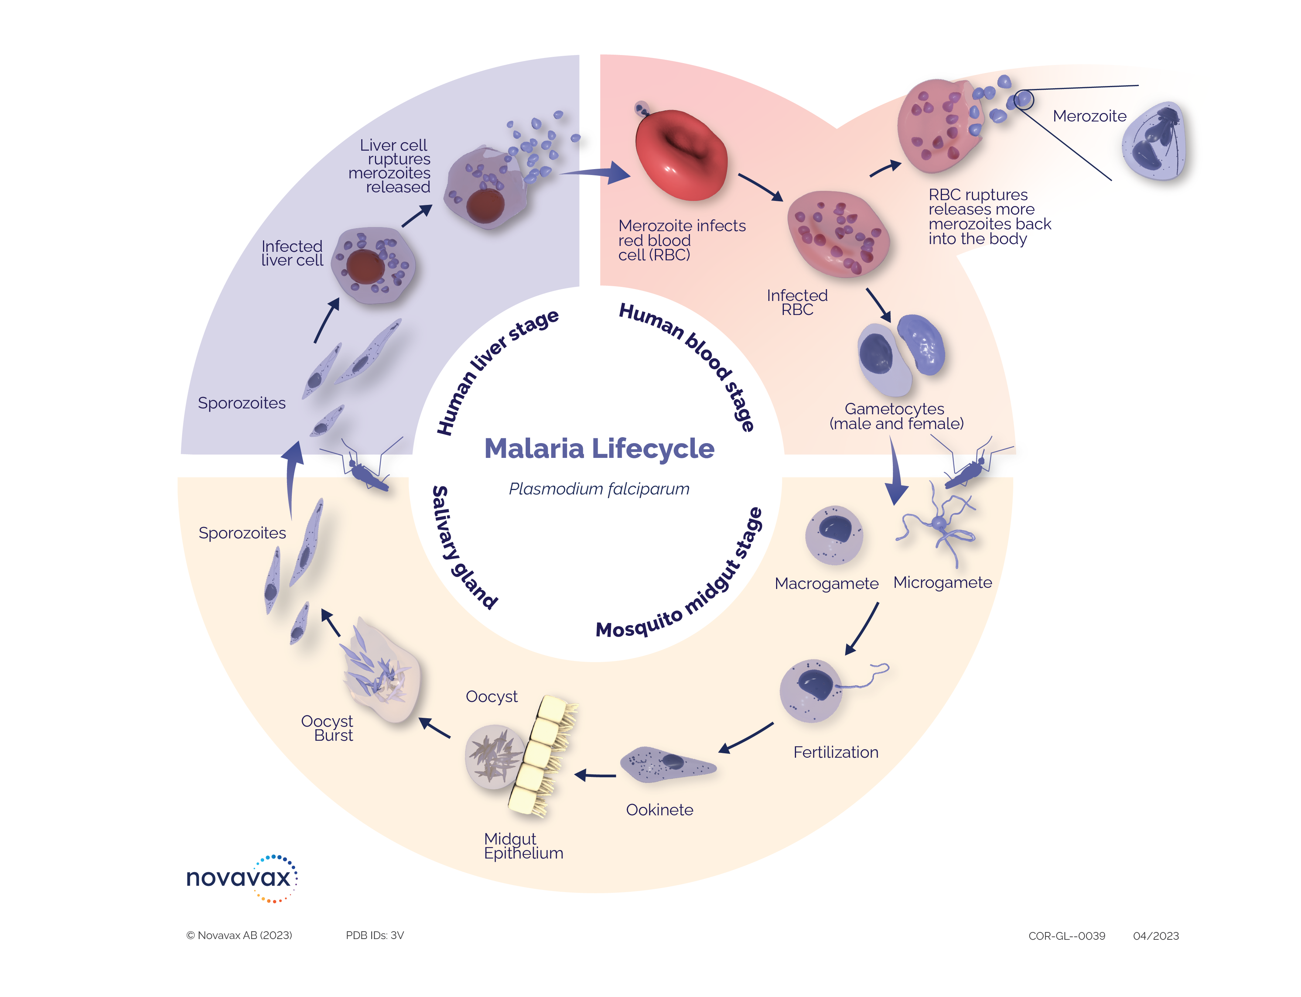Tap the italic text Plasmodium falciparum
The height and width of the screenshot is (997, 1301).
pos(599,489)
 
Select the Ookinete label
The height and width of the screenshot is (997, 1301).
pos(659,810)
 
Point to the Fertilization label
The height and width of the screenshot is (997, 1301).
pos(836,753)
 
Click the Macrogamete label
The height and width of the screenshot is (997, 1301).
pos(826,584)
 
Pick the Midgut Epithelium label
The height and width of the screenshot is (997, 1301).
pos(523,846)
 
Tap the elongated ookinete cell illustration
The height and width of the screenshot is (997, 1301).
pos(668,764)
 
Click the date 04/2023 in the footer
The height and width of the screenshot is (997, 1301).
pos(1155,936)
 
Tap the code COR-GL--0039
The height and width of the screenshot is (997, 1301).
pos(1066,936)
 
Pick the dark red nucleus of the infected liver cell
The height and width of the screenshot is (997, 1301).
pos(365,266)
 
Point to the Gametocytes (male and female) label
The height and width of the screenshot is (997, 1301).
pos(896,416)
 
